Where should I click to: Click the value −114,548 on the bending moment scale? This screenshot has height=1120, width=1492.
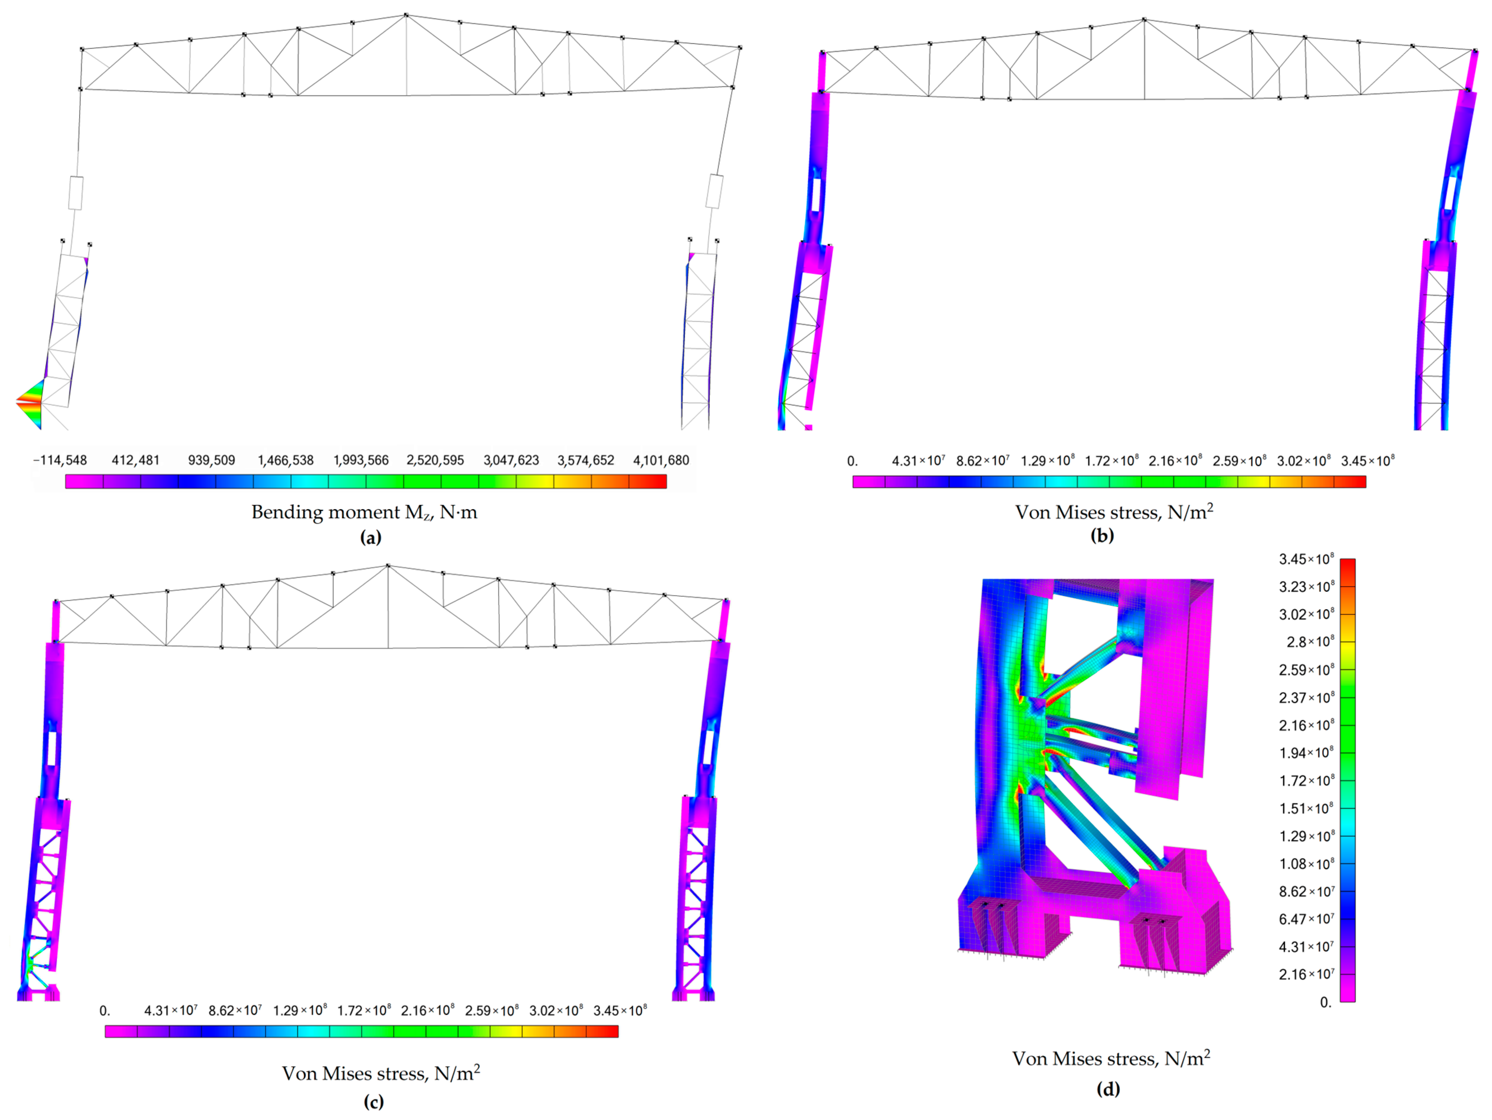tap(60, 460)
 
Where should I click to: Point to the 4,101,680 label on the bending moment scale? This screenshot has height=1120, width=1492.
tap(661, 460)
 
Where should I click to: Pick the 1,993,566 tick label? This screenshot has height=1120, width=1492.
tap(361, 460)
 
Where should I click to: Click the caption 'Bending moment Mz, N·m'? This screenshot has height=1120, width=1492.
tap(364, 512)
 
